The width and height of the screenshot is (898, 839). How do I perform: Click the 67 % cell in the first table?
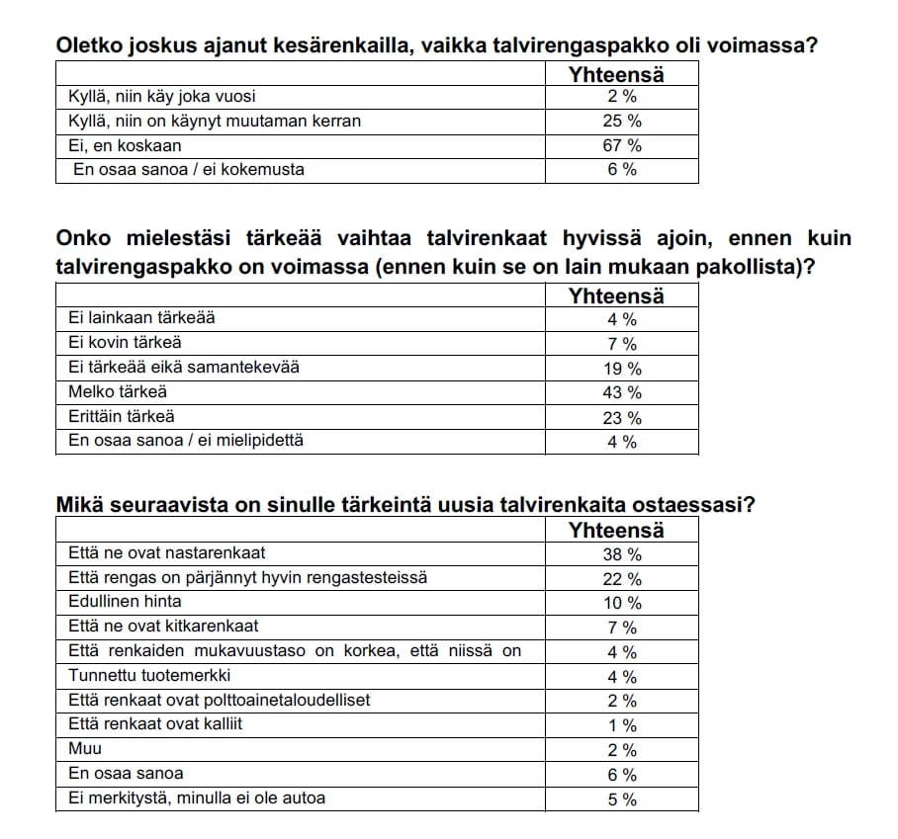(x=622, y=145)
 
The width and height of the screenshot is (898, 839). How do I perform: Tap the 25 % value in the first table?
(x=622, y=122)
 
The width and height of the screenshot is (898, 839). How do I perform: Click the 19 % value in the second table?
(x=622, y=369)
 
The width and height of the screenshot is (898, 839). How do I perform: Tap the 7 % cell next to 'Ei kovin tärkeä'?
(x=622, y=344)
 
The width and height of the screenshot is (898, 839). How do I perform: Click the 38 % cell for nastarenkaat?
(x=622, y=554)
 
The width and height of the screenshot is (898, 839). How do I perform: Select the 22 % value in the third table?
(x=622, y=579)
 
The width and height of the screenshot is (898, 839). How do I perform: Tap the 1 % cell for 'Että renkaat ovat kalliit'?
(x=622, y=725)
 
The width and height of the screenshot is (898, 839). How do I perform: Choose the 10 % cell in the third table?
(x=622, y=603)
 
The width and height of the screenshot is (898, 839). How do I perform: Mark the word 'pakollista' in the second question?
(x=745, y=267)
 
